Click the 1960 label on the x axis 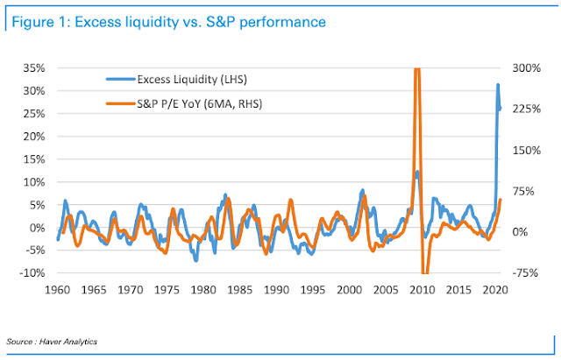tap(58, 288)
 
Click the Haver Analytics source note tap(53, 341)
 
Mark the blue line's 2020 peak tap(498, 85)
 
